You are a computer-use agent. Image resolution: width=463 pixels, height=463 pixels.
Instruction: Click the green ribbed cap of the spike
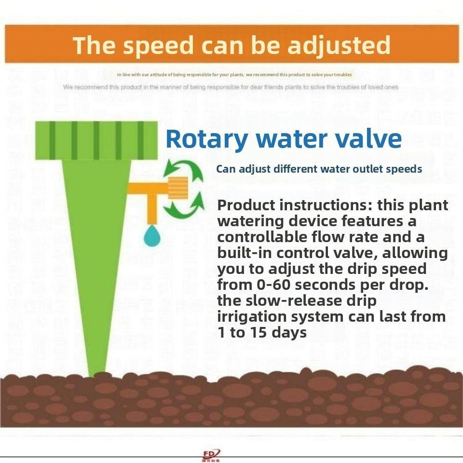click(96, 140)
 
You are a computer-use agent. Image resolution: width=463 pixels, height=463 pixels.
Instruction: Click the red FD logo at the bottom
click(211, 454)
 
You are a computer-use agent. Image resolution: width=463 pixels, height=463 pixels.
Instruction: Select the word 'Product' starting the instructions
click(246, 205)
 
